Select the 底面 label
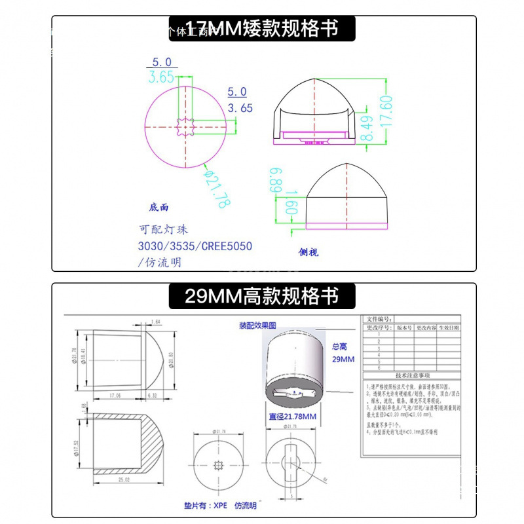point(159,207)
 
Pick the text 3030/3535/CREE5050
point(195,246)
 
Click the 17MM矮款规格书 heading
point(262,29)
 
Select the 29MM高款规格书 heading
point(262,296)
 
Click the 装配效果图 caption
point(258,326)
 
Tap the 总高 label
point(339,347)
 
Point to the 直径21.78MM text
point(293,417)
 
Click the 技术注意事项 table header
point(411,376)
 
